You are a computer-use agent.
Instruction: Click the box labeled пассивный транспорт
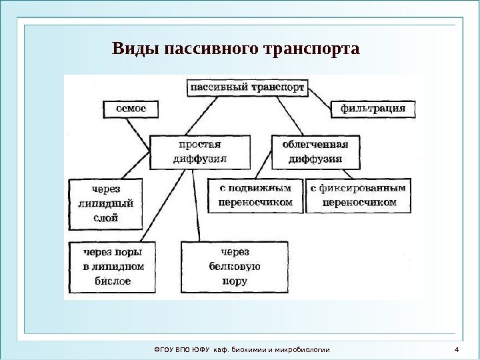(x=249, y=87)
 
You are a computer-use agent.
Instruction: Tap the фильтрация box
(x=373, y=109)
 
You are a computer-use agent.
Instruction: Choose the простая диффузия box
(x=200, y=151)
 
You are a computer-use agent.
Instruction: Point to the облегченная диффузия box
(x=315, y=151)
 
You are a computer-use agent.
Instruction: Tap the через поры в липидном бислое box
(x=111, y=267)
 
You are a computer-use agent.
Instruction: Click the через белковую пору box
(x=235, y=267)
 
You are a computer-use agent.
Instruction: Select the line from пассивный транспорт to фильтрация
(x=319, y=95)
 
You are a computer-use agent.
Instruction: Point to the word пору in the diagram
(x=235, y=281)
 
